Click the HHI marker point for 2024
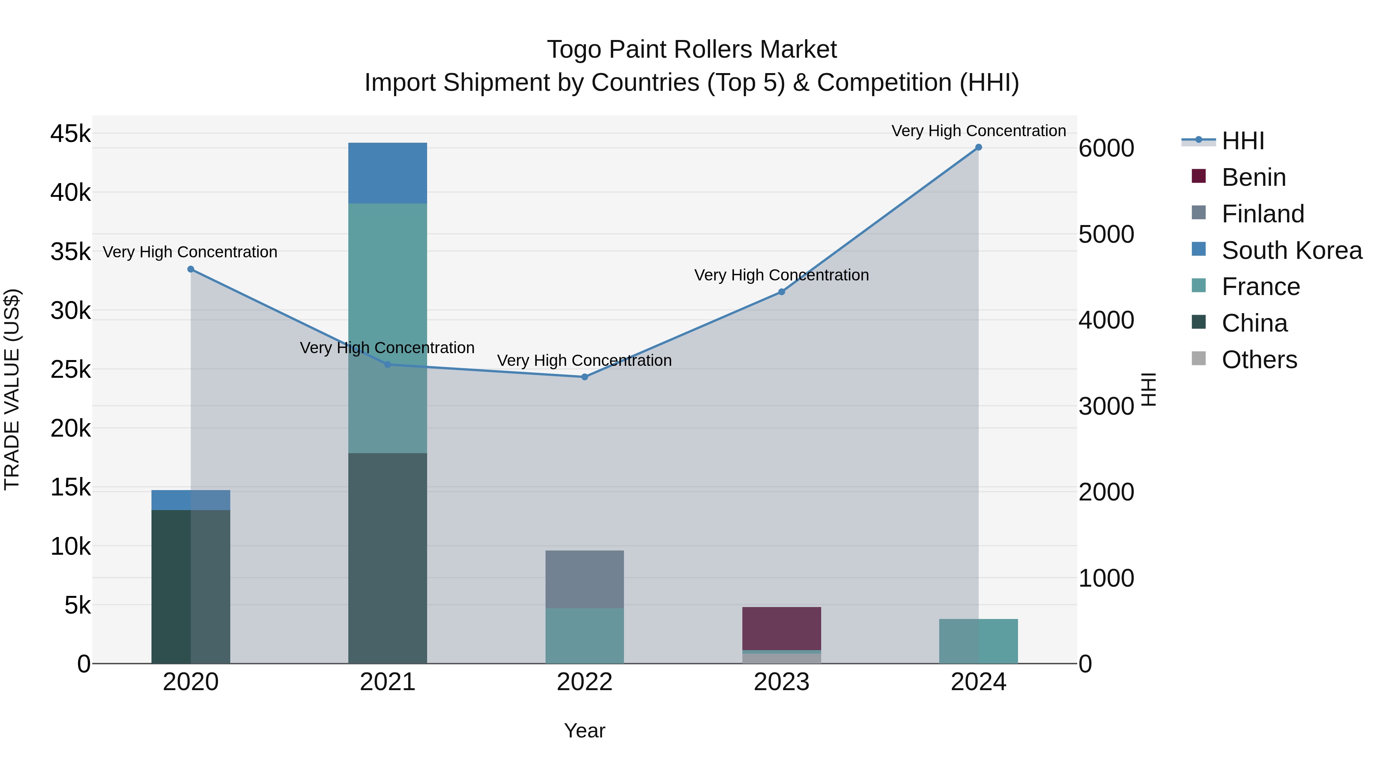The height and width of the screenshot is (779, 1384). tap(978, 147)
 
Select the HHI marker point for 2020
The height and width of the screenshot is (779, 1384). tap(191, 269)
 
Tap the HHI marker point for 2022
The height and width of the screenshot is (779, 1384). tap(584, 377)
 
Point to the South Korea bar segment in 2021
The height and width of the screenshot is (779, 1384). tap(388, 173)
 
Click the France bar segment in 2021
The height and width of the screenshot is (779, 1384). tap(388, 328)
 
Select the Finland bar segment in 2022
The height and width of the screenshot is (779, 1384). tap(584, 579)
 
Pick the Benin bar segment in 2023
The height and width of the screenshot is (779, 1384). tap(781, 629)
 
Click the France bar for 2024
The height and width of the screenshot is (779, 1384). tap(978, 641)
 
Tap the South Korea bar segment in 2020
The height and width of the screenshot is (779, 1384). tap(191, 500)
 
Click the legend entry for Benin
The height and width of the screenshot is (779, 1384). tap(1253, 177)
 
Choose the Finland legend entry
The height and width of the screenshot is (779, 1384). tap(1263, 214)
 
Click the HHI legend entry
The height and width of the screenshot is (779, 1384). tap(1243, 141)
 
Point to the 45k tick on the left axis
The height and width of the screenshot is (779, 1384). tap(70, 133)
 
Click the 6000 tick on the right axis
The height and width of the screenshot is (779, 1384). tap(1106, 148)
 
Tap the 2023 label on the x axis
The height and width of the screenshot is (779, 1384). tap(781, 682)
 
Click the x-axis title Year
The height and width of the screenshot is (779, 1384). tap(584, 731)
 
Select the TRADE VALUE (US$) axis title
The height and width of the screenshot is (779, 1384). tap(12, 389)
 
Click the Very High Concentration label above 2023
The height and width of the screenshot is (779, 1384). tap(781, 275)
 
